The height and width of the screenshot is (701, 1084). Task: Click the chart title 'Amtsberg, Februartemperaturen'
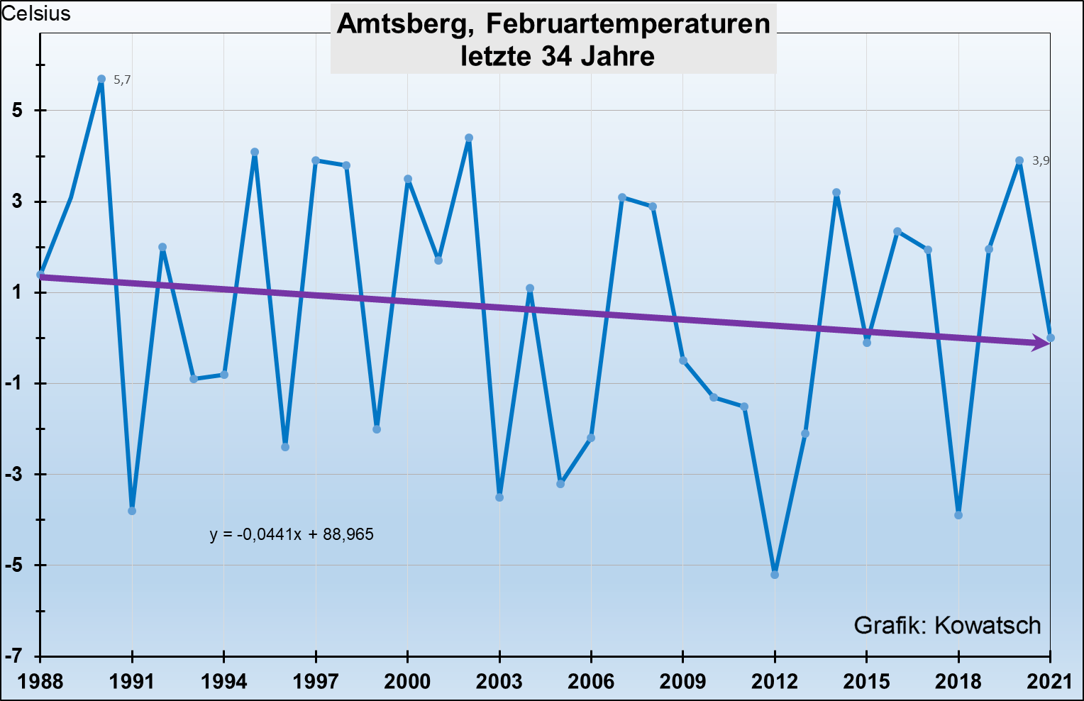tap(553, 24)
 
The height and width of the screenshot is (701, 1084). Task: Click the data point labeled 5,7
tap(101, 79)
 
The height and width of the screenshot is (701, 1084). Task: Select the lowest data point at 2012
tap(775, 575)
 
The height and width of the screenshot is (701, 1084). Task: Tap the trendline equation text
tap(292, 534)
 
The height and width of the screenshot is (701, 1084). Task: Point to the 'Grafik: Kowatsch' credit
tap(947, 625)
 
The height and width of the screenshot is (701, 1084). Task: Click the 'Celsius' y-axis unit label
tap(36, 13)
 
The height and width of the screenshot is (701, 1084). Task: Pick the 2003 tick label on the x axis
tap(499, 682)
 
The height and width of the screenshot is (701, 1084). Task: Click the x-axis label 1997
tap(316, 682)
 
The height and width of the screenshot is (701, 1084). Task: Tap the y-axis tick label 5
tap(17, 111)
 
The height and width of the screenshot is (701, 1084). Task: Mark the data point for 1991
tap(132, 511)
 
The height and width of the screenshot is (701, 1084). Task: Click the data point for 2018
tap(958, 515)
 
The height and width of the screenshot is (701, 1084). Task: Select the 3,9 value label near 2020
tap(1040, 161)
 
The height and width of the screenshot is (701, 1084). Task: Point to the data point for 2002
tap(469, 138)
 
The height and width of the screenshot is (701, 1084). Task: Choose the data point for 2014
tap(836, 193)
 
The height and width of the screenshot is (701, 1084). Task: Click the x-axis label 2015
tap(866, 682)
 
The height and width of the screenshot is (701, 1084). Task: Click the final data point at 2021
tap(1051, 338)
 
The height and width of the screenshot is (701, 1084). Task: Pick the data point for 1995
tap(255, 152)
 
